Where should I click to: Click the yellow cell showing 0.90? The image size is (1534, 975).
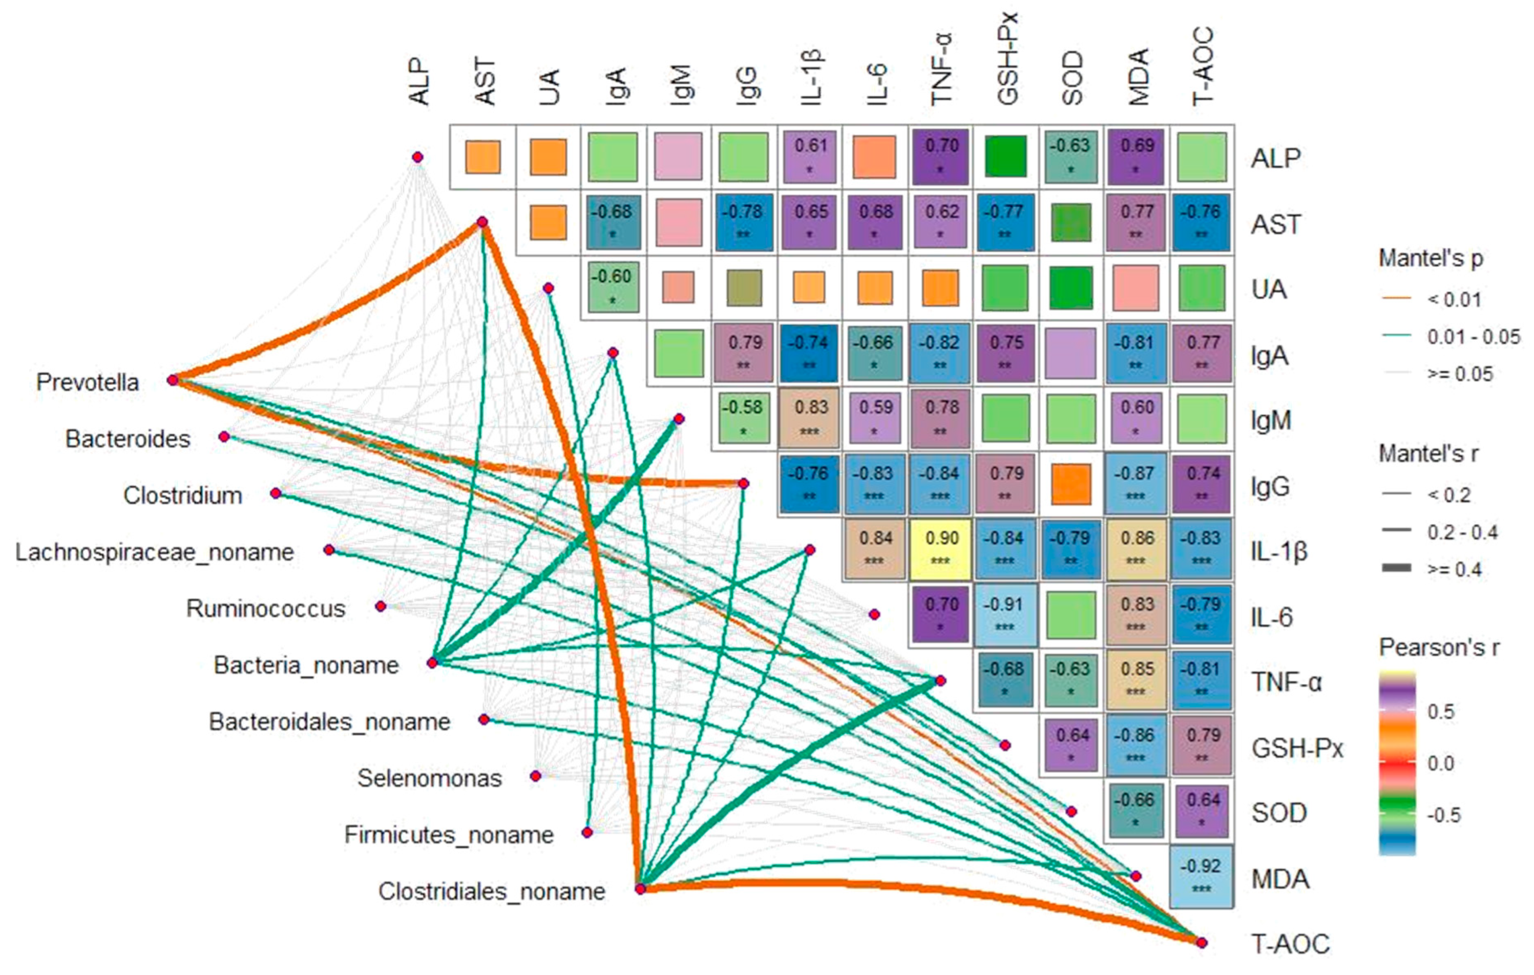[941, 549]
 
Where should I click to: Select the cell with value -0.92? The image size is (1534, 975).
[1202, 877]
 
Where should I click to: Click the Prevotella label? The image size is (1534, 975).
[87, 382]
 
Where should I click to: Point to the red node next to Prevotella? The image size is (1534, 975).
[173, 381]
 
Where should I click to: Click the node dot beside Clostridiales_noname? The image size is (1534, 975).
[641, 888]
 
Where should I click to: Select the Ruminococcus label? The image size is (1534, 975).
[266, 608]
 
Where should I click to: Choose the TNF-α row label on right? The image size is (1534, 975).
[1286, 682]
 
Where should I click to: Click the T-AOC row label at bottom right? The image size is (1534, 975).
[1291, 943]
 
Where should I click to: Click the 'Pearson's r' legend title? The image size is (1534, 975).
[1439, 648]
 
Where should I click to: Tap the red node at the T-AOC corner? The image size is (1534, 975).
[1202, 942]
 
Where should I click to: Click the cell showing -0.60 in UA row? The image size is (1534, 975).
[612, 287]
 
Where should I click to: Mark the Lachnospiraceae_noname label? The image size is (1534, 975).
[155, 552]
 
